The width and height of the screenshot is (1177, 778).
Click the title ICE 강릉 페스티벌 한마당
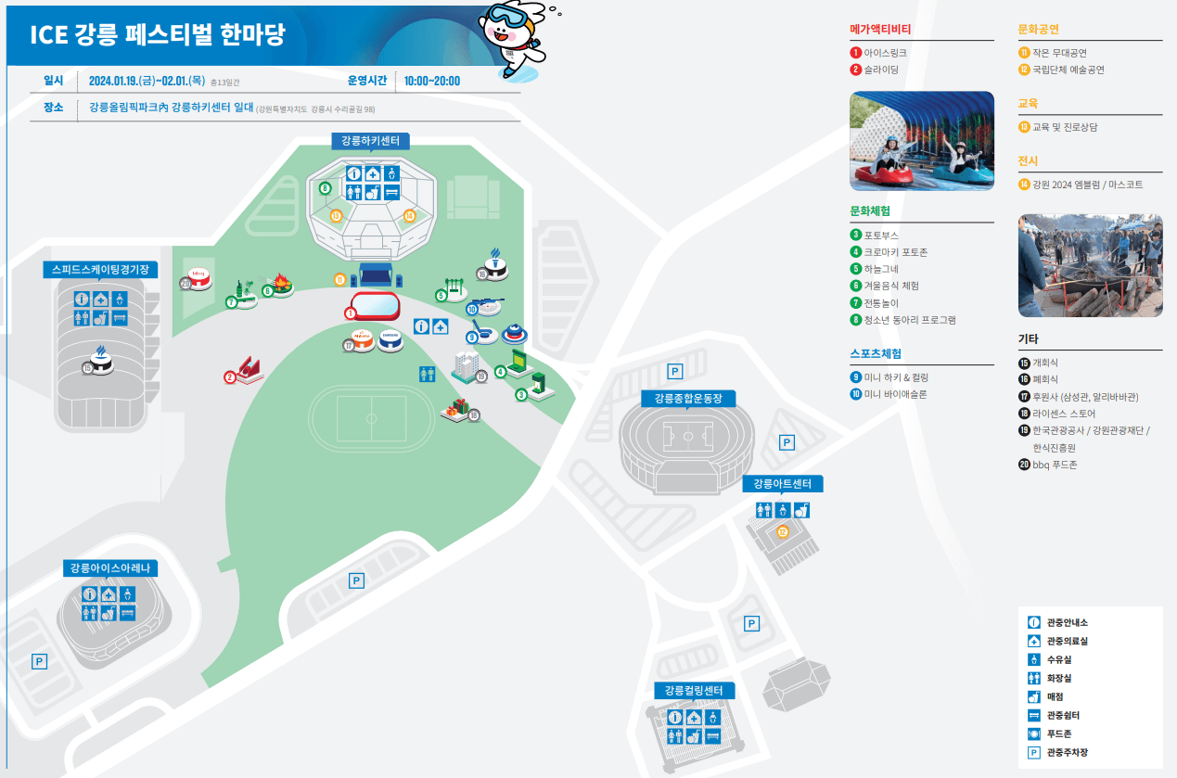(158, 35)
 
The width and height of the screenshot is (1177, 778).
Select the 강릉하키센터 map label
(370, 141)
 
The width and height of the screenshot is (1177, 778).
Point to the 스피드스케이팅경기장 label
(100, 270)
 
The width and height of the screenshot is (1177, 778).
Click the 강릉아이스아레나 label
(109, 568)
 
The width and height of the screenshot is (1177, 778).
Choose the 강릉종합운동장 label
(687, 399)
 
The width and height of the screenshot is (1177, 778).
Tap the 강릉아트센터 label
(782, 484)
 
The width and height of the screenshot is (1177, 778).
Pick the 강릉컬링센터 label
(694, 691)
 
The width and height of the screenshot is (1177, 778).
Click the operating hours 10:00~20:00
(432, 81)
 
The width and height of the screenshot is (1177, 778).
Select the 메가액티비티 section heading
(880, 30)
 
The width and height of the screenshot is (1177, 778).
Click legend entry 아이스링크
(885, 53)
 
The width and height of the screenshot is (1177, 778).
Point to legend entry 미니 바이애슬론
(895, 394)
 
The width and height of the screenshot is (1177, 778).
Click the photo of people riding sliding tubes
(921, 140)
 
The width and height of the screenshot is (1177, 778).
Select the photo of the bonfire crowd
(1090, 266)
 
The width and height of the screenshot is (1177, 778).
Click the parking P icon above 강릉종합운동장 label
(675, 372)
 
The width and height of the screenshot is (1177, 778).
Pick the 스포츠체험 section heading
(876, 353)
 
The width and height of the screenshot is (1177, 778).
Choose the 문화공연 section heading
(1038, 30)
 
